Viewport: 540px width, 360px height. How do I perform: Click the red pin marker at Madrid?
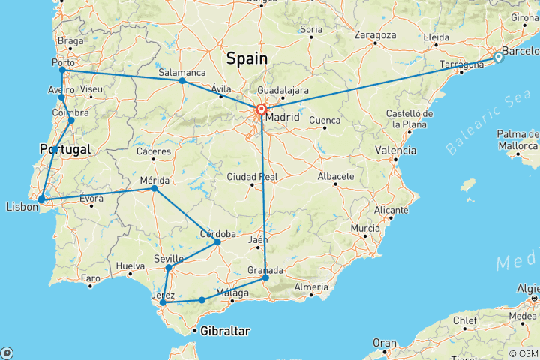(261, 110)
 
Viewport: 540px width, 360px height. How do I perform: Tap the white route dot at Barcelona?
(498, 57)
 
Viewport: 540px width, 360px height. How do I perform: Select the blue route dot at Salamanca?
(182, 80)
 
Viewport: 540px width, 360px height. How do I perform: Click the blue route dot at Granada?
(265, 277)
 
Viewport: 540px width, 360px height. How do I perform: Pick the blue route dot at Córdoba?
(217, 241)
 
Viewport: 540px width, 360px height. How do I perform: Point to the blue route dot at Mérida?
(154, 188)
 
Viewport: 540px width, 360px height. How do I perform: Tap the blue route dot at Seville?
(169, 268)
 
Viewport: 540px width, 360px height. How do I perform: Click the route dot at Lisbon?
(42, 199)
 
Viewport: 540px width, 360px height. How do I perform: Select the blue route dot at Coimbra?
(71, 120)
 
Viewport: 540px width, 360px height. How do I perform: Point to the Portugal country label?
(65, 150)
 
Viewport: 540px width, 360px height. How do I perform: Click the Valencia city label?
(395, 151)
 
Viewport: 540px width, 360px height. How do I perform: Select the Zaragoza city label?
(375, 35)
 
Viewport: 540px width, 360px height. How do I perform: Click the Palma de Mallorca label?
(517, 141)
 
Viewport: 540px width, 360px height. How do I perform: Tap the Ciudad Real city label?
(252, 177)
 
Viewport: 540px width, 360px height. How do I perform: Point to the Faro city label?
(90, 278)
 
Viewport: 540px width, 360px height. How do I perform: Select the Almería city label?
(311, 287)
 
